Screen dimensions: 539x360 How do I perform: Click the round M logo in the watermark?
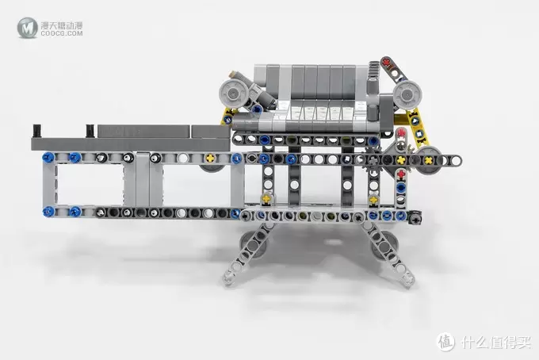coord(27,28)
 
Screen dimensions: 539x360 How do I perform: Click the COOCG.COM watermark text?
coord(62,33)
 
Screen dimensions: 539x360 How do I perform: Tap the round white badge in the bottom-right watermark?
coord(445,342)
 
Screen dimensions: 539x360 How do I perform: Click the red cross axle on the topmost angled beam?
coord(386,63)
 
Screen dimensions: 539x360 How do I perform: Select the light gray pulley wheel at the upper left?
coord(233,93)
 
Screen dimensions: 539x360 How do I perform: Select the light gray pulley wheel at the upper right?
coord(407,95)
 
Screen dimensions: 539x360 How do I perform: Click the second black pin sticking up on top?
coord(90,131)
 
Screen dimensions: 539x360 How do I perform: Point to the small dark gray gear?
coord(373,159)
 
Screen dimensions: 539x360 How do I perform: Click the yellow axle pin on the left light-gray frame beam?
coord(209,158)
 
